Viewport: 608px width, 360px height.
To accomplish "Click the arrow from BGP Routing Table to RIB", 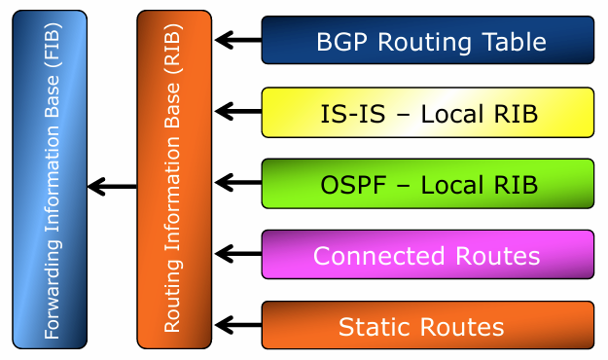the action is [238, 40].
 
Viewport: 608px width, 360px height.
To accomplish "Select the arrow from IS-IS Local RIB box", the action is [238, 111].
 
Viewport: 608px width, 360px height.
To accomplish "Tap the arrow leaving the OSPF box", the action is [238, 182].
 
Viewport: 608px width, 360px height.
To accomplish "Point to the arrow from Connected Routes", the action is [238, 254].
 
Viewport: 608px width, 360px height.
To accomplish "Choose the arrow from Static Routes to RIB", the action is [238, 325].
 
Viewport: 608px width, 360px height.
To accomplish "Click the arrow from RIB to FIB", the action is [112, 187].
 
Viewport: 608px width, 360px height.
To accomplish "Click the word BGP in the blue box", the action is [341, 42].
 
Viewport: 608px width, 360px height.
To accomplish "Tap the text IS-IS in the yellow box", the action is [353, 114].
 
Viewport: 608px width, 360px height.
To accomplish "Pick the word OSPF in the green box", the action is [353, 185].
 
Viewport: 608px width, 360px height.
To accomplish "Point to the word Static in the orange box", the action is [376, 327].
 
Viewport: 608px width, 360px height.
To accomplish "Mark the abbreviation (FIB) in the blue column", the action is [53, 46].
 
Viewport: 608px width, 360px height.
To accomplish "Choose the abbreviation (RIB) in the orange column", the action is [173, 49].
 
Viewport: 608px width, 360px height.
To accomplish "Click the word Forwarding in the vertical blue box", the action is [52, 289].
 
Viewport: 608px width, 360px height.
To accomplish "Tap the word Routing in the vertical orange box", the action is [172, 296].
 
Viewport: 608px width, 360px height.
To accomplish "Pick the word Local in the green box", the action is [449, 185].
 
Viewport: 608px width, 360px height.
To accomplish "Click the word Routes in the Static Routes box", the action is [462, 327].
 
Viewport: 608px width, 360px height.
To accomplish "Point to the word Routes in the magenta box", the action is [498, 256].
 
